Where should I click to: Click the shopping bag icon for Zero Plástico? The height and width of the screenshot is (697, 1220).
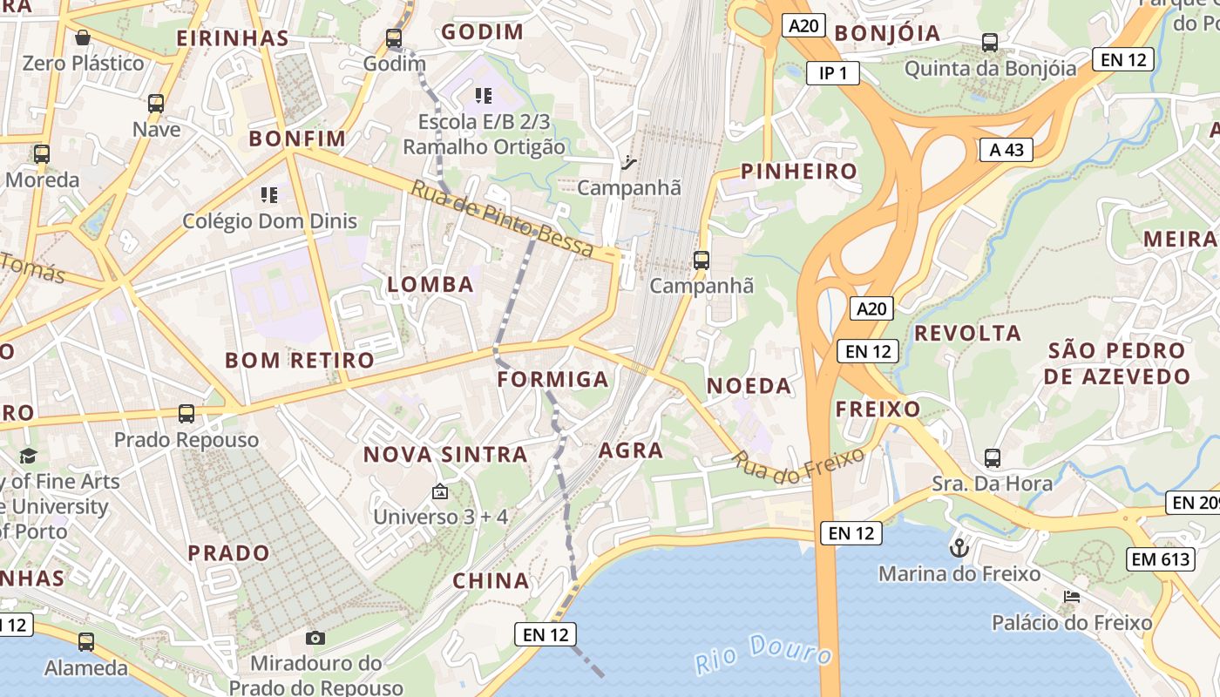83,37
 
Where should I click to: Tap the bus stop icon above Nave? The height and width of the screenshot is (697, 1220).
156,103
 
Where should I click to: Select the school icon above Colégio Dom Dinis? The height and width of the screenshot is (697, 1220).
268,194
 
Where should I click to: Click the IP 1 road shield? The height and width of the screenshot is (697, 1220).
832,73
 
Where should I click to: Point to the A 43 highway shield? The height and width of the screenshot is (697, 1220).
1006,150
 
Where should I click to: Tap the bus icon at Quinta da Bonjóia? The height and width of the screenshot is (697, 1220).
990,42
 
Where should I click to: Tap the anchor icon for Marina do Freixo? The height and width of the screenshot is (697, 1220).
959,548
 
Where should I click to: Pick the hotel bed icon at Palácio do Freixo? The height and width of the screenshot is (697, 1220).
1072,597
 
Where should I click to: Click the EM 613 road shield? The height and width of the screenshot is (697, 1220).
1162,559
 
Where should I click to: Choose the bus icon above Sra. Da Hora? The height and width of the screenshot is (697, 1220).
992,457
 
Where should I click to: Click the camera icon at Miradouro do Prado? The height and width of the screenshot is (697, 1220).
315,638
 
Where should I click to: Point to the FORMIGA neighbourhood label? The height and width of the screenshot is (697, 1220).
552,379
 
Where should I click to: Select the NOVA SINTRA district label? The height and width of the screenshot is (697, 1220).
445,454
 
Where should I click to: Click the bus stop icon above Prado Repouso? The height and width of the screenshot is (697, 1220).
186,413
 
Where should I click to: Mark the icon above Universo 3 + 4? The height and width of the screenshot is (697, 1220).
440,492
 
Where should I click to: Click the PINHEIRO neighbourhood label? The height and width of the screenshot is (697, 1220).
799,171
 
